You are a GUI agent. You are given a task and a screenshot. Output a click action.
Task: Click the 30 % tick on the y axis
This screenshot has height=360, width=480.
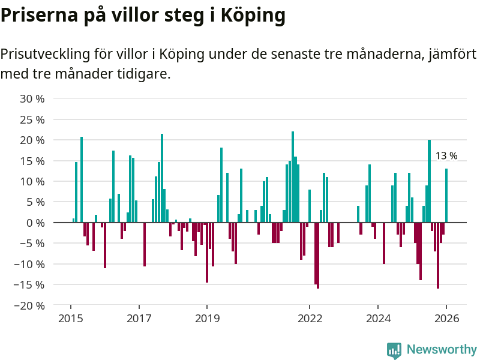[32, 99]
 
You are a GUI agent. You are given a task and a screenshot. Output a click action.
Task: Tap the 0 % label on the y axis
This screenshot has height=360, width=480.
[35, 223]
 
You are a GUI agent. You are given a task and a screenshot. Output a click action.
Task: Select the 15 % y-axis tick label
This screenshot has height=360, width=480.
[32, 161]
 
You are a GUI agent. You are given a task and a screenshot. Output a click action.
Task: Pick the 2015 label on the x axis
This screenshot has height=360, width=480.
[71, 319]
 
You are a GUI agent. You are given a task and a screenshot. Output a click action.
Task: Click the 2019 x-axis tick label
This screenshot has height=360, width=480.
[208, 319]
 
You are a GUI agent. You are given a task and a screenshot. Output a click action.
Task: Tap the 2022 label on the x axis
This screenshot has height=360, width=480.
[310, 319]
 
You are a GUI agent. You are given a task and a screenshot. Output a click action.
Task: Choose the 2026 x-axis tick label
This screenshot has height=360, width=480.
[446, 319]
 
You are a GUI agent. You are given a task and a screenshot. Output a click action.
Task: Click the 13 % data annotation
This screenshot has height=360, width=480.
[446, 156]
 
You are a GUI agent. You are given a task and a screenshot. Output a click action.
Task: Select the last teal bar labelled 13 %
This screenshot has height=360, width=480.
[446, 196]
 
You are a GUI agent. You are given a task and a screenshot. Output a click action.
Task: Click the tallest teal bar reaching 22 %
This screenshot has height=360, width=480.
[293, 177]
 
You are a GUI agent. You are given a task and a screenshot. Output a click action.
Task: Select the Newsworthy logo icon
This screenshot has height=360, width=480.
[394, 350]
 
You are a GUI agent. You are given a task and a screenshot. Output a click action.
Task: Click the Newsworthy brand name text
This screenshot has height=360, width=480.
[442, 349]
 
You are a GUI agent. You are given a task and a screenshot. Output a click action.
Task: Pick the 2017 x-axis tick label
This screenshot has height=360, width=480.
[139, 319]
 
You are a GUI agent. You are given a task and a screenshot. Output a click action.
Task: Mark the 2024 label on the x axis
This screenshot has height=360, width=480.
[379, 319]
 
